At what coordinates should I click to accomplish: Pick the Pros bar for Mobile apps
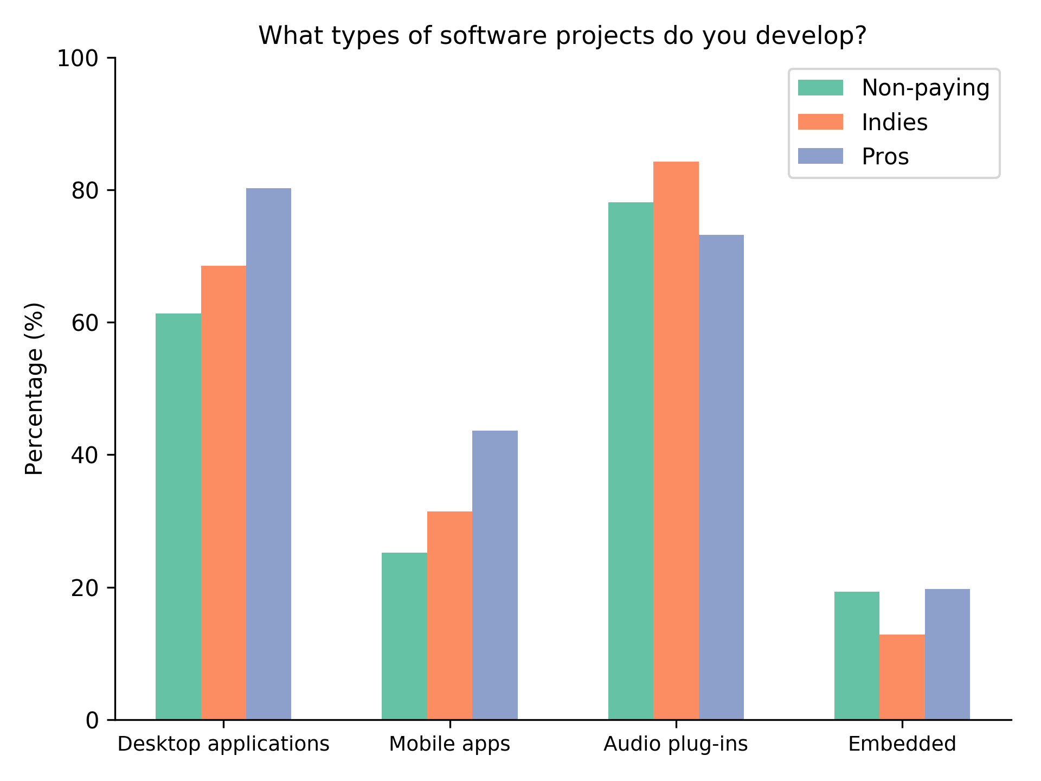click(495, 575)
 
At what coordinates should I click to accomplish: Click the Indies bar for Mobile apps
click(449, 616)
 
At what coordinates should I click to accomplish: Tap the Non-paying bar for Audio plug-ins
click(631, 461)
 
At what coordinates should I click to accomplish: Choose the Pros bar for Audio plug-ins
click(721, 477)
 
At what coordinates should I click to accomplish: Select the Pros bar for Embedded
click(947, 654)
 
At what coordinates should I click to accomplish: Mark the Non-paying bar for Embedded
click(857, 656)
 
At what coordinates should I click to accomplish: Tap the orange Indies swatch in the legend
click(820, 122)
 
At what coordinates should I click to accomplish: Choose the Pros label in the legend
click(885, 157)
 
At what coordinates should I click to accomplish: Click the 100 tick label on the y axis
click(78, 58)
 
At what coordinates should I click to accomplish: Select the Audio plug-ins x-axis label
click(676, 744)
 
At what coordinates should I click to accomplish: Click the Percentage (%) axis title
click(35, 388)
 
